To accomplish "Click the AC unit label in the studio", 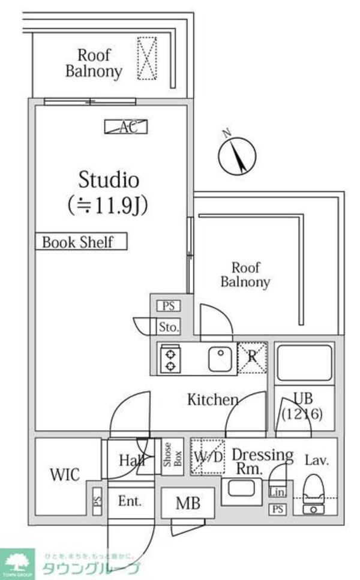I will click(126, 127).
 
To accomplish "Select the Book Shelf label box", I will click(81, 242).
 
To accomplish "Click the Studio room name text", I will click(109, 179).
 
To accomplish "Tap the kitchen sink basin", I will click(220, 359).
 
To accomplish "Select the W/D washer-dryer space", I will click(208, 456).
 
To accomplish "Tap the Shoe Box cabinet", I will click(169, 458).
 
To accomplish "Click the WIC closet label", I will click(64, 474).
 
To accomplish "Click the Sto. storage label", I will click(169, 327).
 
